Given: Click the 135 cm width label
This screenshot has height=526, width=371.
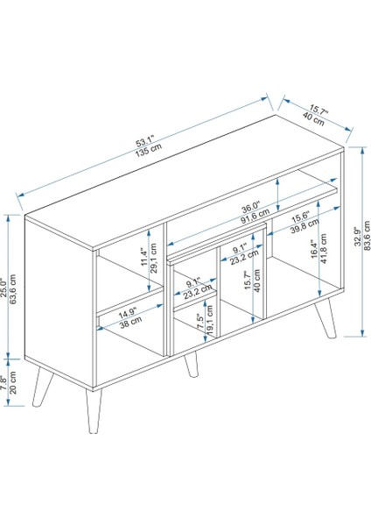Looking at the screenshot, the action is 149,151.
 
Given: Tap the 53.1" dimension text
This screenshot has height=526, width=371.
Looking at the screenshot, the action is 144,141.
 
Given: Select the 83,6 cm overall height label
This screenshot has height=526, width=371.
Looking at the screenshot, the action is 367,236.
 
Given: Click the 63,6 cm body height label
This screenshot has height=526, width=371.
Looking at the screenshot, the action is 13,289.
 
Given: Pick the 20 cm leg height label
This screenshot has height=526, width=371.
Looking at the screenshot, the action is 13,383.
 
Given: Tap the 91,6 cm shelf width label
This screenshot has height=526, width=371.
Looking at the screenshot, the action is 255,217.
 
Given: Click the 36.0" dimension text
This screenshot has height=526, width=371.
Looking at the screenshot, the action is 251,208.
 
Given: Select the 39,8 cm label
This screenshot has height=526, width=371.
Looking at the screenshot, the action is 304,227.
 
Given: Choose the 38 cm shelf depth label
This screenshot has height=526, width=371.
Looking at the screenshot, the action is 130,322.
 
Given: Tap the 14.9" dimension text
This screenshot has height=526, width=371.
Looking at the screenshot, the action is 128,313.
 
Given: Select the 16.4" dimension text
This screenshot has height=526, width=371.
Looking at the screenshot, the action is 314,249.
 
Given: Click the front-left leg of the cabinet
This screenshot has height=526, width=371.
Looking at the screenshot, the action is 94,410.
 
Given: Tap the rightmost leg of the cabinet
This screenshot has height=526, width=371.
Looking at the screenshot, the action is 325,317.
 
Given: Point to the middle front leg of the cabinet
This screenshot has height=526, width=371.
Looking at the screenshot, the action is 192,365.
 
